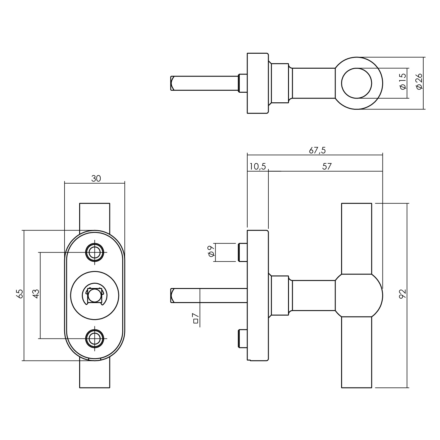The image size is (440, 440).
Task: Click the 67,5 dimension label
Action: point(317,150)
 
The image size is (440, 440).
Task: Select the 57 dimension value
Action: point(326,167)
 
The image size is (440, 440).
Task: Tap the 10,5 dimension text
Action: point(258,167)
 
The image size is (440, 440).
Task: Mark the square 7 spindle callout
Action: point(196,318)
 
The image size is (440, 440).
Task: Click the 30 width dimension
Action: point(96,178)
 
